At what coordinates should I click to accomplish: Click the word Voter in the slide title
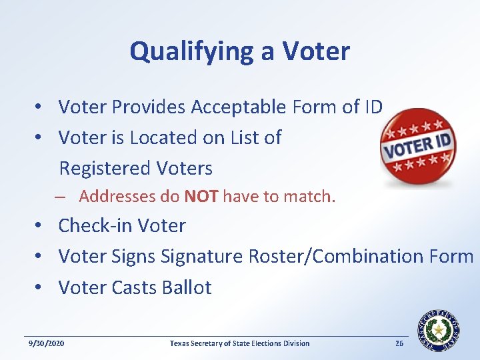click(x=316, y=51)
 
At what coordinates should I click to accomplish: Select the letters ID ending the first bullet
click(x=373, y=107)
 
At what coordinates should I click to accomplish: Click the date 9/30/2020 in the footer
click(x=46, y=343)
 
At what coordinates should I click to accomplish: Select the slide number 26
click(x=399, y=343)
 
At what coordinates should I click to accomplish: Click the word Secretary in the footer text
click(x=209, y=343)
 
